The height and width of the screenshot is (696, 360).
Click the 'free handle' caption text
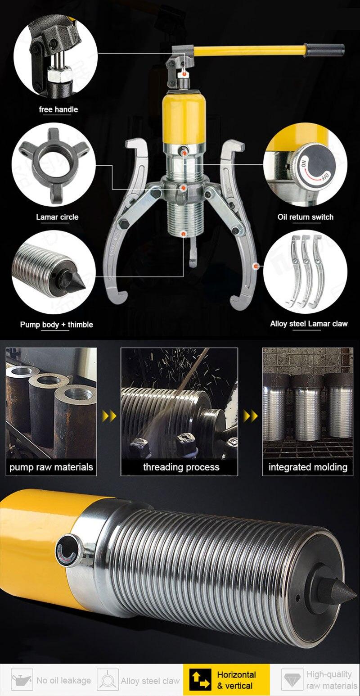pos(58,109)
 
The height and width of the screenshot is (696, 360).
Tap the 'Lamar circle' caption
pos(57,217)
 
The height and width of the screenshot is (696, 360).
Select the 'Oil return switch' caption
pos(306,217)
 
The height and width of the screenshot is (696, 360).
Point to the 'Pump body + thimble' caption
pos(57,325)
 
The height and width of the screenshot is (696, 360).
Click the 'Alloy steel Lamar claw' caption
pos(309,324)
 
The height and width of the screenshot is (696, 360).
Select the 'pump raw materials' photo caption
pos(51,467)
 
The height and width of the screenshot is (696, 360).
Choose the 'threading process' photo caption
pos(181,467)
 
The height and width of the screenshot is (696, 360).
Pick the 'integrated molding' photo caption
pos(308,467)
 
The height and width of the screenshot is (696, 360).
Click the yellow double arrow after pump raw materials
pos(109,416)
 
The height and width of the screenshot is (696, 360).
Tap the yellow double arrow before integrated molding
pos(251,416)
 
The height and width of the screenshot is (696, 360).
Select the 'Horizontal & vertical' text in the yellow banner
pos(236,680)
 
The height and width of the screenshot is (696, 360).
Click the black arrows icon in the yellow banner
pos(200,680)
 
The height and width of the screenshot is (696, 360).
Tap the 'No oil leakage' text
pos(64,680)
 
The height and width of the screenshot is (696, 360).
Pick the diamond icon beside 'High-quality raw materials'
pos(292,679)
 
